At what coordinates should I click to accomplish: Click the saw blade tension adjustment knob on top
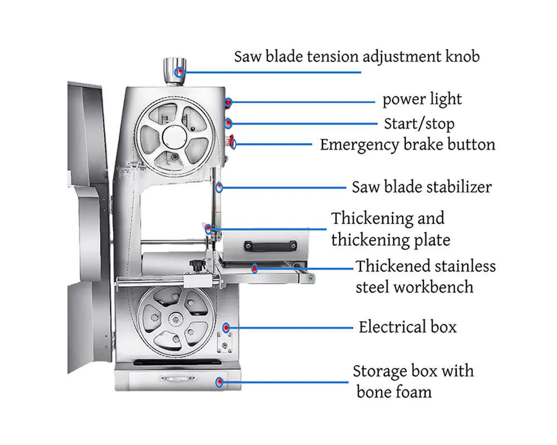coord(174,71)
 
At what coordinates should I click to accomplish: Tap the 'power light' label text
coord(422,100)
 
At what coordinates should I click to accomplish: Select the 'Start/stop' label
coord(419,124)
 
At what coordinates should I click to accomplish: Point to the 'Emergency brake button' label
coord(408,145)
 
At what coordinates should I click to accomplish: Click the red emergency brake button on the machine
coord(232,141)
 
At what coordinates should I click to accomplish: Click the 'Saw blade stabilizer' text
coord(422,187)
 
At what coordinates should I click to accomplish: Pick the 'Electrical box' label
coord(408,327)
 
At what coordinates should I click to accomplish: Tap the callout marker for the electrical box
coord(226,327)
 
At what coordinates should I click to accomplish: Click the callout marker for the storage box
coord(220,382)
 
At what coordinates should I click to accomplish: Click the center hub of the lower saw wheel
coord(175,319)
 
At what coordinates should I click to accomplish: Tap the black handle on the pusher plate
coord(270,245)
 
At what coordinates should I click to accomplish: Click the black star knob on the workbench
coord(196,265)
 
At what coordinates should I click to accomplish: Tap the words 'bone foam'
coord(394,392)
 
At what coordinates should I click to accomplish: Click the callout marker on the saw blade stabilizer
coord(219,187)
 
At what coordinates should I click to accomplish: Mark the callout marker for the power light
coord(228,102)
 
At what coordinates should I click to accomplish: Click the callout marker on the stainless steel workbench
coord(255,269)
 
